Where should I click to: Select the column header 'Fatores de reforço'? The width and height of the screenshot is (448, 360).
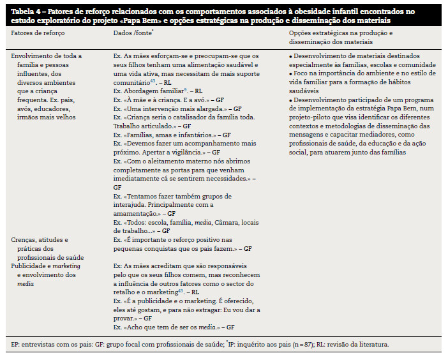click(x=38, y=32)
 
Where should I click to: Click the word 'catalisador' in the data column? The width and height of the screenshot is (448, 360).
click(x=182, y=117)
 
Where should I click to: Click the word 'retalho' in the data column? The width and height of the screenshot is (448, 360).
click(x=124, y=292)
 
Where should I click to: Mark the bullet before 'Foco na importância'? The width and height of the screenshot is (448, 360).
click(x=291, y=74)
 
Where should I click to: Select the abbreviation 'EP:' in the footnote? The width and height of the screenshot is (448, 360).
click(x=16, y=345)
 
